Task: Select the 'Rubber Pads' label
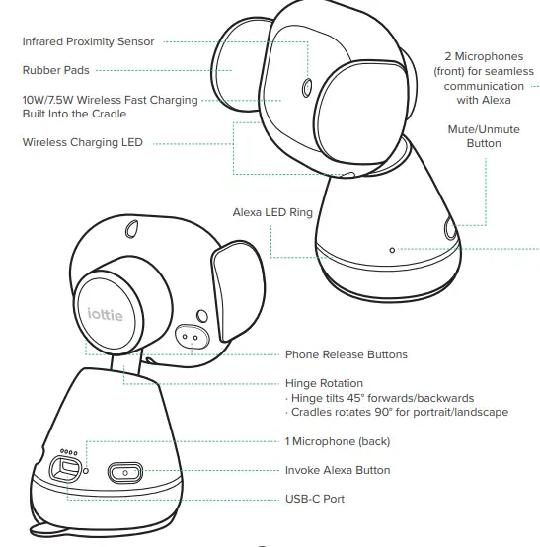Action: (x=56, y=70)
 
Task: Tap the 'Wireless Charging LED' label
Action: (x=83, y=142)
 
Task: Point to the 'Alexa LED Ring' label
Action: (x=272, y=211)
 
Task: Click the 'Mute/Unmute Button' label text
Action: (x=483, y=136)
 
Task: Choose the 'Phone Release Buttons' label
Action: (x=346, y=354)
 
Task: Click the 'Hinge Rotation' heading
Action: (x=324, y=383)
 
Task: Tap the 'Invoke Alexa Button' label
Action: (x=338, y=470)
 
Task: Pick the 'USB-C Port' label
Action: (x=315, y=499)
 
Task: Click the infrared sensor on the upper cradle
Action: (x=307, y=84)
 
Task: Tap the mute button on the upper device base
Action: (x=450, y=230)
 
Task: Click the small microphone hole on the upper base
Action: (x=392, y=250)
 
